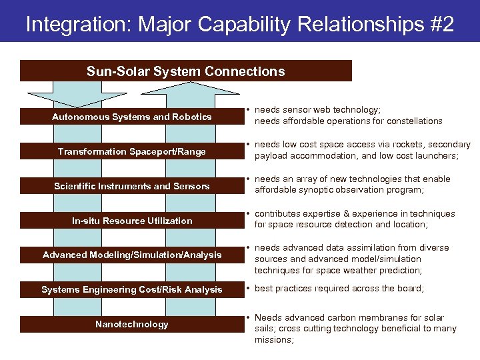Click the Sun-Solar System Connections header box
[185, 71]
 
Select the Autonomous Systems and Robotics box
[132, 117]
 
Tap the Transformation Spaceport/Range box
[132, 151]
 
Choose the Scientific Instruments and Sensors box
[132, 186]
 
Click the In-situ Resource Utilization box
[132, 221]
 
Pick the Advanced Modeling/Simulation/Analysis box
[132, 255]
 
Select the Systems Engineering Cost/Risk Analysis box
[132, 289]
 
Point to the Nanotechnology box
[132, 324]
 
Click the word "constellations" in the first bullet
[414, 121]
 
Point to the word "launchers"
[436, 156]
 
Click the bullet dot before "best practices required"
[247, 289]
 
